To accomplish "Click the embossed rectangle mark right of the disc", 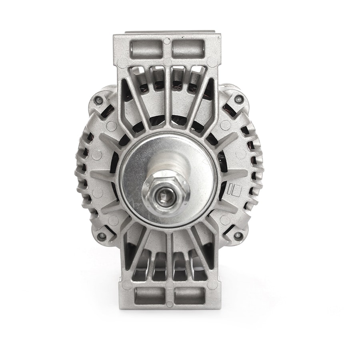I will coord(231,189).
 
